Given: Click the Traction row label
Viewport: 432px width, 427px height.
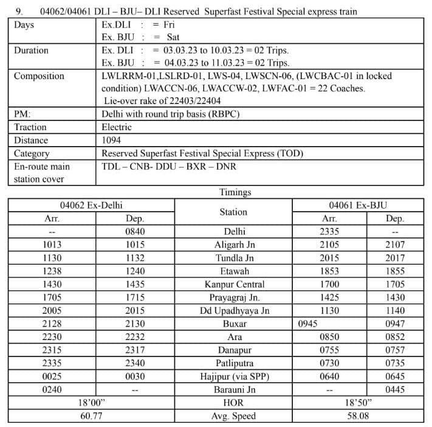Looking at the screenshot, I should pos(30,127).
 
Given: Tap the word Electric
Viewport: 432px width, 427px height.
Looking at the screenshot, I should pos(117,127).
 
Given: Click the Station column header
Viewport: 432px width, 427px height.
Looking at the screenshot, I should pos(233,212).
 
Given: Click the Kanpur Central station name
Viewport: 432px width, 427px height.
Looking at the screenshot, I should pos(234,284).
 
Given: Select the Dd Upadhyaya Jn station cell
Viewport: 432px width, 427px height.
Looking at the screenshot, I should pos(234,311).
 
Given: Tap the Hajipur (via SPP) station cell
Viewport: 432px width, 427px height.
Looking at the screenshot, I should pos(234,377).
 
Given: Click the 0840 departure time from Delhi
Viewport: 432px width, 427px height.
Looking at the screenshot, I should pos(134,231).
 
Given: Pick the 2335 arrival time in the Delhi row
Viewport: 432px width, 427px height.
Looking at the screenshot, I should pos(329,231).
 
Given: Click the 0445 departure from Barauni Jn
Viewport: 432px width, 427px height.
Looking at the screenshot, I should pos(395,390).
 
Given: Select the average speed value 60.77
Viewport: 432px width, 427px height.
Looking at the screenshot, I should pos(91,416).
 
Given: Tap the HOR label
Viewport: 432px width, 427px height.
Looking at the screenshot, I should pos(234,403).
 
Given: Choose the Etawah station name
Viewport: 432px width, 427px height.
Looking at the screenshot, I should pos(234,271).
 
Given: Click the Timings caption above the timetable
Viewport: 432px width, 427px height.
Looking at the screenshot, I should pos(235,192).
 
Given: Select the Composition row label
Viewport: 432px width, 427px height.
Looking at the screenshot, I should pos(39,76).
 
